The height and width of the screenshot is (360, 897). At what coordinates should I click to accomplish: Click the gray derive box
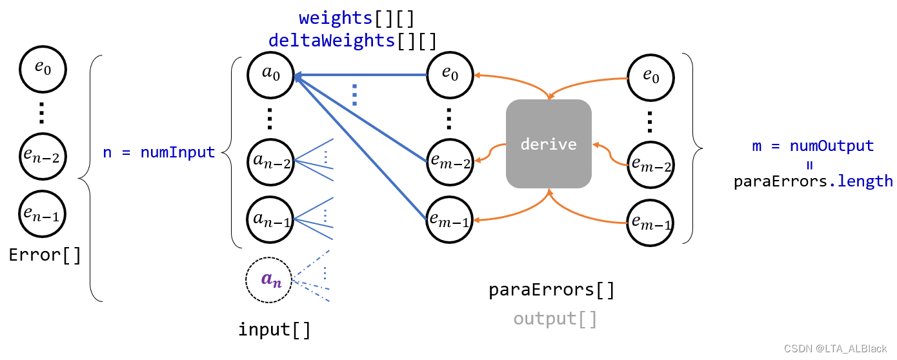pos(549,144)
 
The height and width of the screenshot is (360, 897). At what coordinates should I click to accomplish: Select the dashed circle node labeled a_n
pos(268,280)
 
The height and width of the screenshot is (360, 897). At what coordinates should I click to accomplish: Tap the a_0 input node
pos(270,75)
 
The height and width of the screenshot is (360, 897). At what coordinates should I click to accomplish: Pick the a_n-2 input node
pos(270,162)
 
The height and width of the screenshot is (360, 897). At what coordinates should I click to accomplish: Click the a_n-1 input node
pos(270,219)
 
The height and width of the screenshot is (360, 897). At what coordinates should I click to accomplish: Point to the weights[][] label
pos(356,19)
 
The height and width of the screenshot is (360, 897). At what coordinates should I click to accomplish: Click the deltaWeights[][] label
pos(352,41)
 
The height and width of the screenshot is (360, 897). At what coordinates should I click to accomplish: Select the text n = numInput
pos(159,152)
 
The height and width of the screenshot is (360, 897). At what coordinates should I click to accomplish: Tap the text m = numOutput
pos(812,146)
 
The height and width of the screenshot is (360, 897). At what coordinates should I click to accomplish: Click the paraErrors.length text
pos(813,181)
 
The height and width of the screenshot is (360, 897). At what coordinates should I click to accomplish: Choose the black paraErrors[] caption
pos(551,290)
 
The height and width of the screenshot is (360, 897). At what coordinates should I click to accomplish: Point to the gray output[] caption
pos(556,319)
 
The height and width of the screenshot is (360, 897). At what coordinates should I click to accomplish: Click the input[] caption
pos(275,330)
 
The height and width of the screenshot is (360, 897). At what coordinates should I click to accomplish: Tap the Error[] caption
pos(45,255)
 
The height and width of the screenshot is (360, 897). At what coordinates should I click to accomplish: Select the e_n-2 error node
pos(43,157)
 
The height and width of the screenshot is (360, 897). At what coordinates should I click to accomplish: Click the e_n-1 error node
pos(42,214)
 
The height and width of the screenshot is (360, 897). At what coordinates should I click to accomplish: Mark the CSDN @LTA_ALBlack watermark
pos(835,349)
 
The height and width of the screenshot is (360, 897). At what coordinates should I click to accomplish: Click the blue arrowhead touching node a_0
pos(298,76)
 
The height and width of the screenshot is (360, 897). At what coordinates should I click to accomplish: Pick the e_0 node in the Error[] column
pos(43,69)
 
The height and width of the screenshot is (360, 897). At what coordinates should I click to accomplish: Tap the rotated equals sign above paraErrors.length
pos(810,165)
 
